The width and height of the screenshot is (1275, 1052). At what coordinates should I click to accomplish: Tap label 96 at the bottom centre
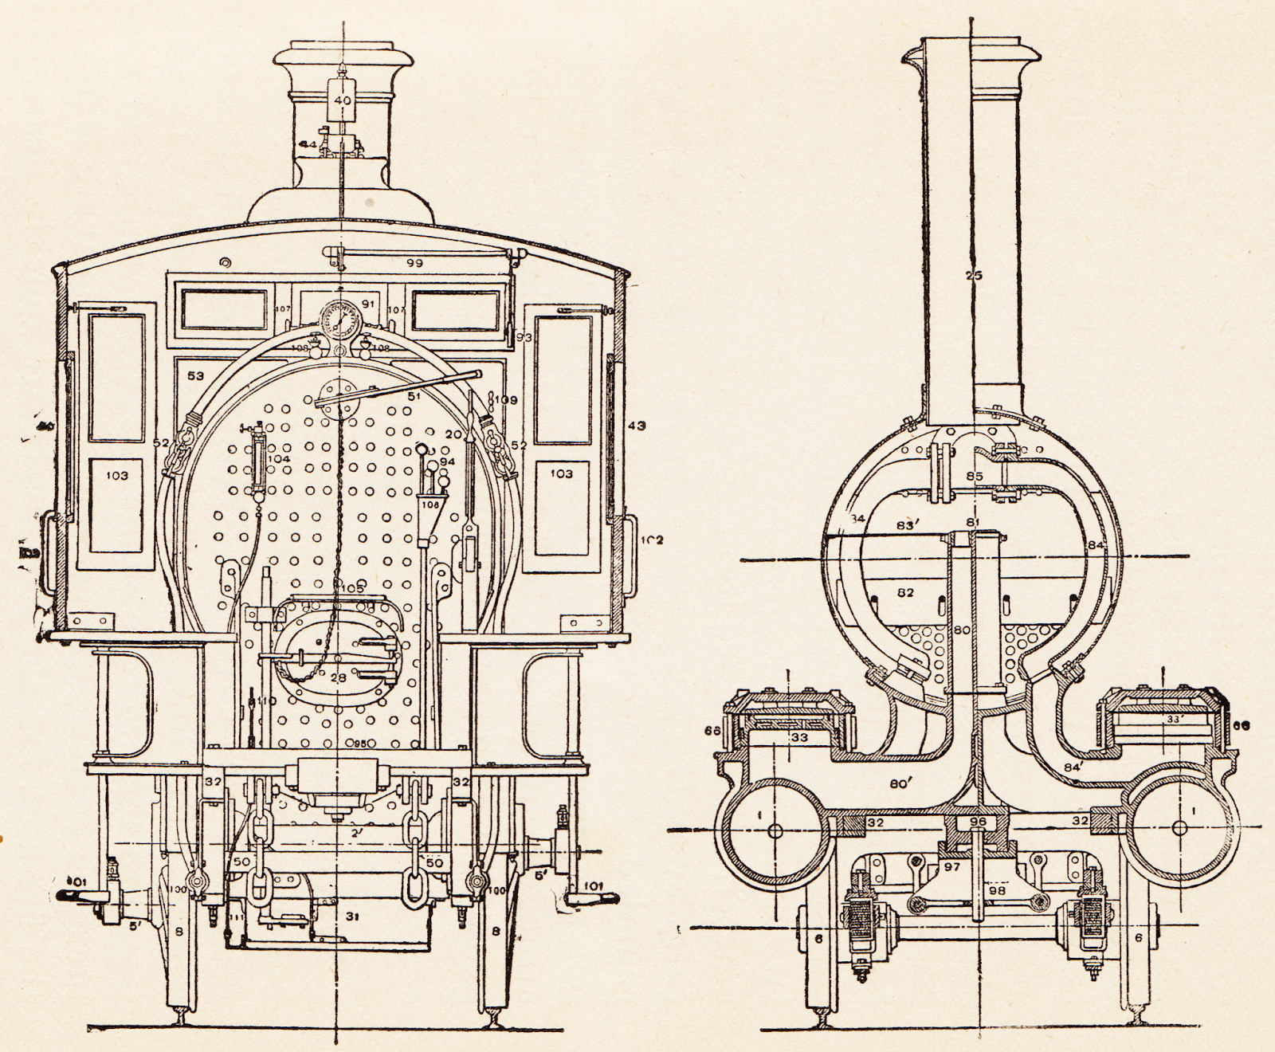978,821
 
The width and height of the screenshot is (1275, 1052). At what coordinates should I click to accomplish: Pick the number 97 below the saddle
954,867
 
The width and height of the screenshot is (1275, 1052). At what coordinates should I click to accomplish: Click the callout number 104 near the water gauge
280,459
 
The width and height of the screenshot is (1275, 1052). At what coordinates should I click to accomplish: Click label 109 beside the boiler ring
507,399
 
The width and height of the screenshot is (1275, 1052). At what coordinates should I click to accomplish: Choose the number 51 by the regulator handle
414,395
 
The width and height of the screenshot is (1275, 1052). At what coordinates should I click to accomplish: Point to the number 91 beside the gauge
367,304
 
